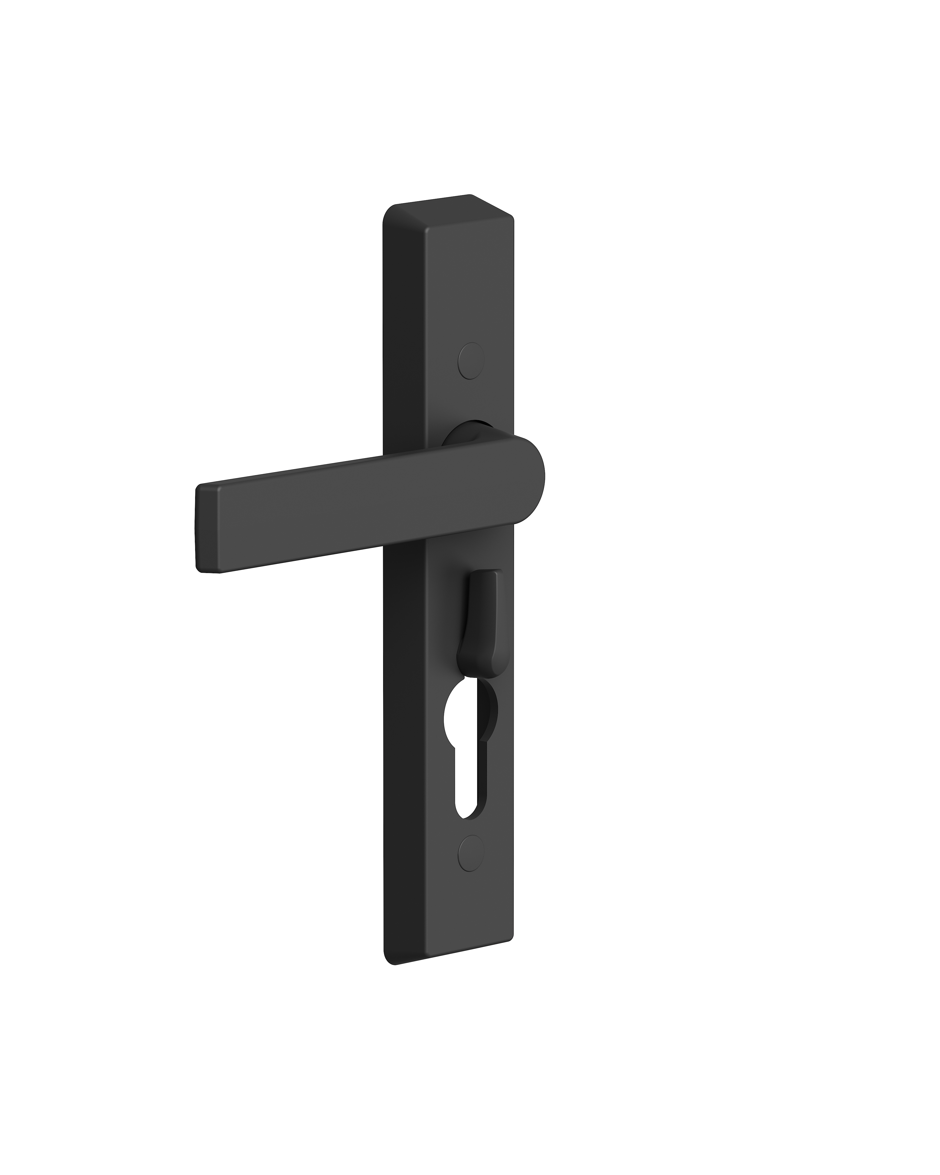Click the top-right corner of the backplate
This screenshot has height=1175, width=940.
click(512, 218)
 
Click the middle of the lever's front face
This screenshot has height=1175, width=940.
click(371, 507)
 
